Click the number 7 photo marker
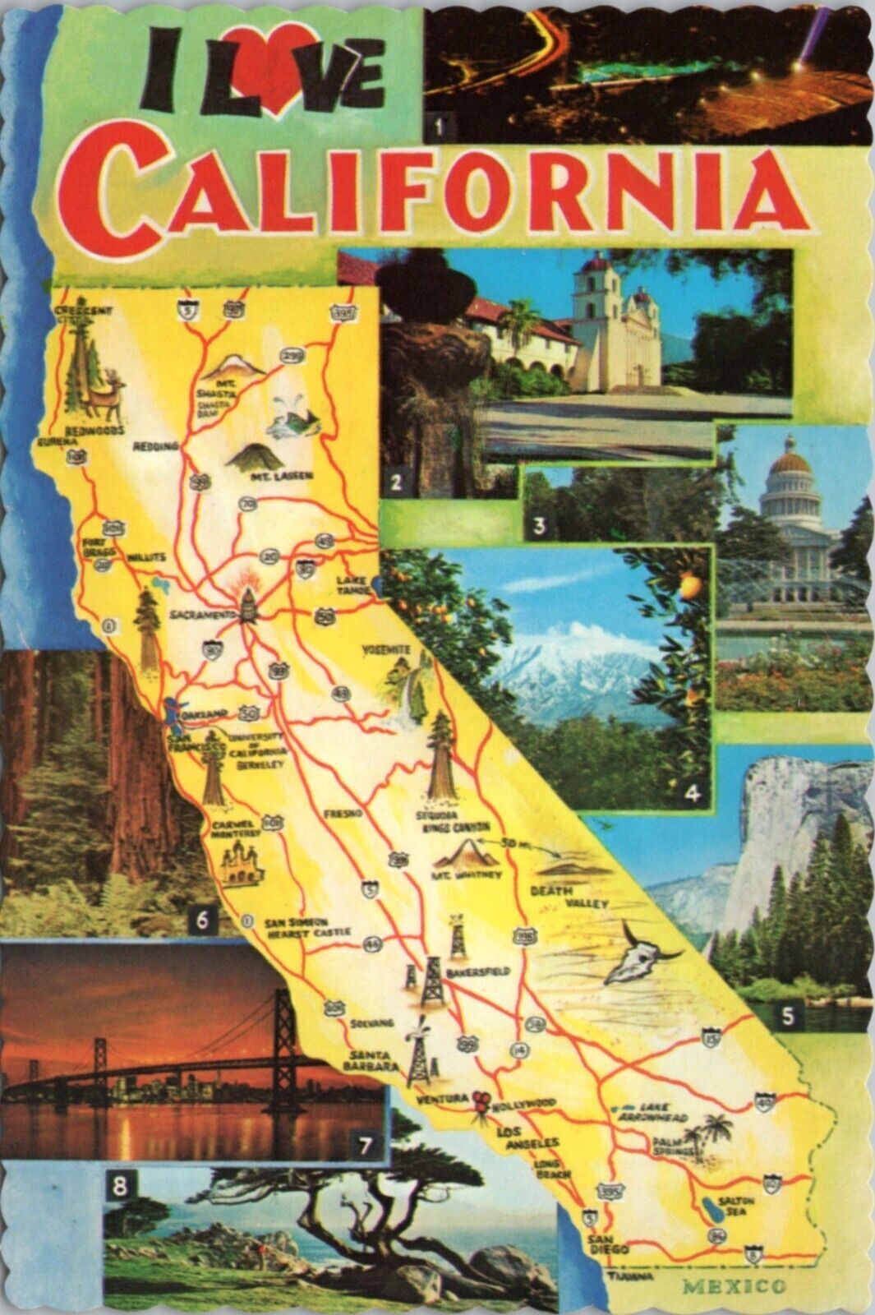click(x=366, y=1143)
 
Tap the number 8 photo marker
click(x=121, y=1186)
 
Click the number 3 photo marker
click(x=538, y=527)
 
